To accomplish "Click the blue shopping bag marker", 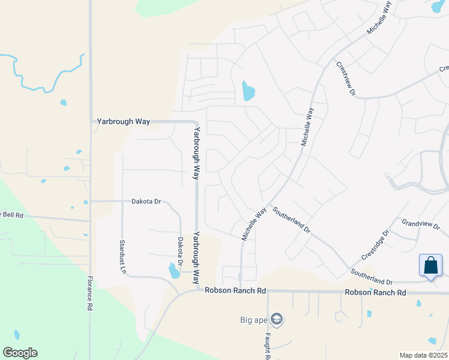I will [430, 265].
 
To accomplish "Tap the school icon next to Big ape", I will [277, 319].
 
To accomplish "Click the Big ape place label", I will [253, 319].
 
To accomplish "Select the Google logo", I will [20, 352].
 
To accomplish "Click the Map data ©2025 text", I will [423, 355].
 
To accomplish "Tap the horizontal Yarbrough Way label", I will [123, 121].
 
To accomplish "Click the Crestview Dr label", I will [346, 79].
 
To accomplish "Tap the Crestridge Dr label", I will [376, 245].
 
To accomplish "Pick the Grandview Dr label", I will [421, 224].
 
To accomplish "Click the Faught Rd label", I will [268, 346].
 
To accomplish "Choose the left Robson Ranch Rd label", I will [235, 290].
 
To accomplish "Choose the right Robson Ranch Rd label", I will [375, 292].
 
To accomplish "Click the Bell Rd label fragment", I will [11, 214].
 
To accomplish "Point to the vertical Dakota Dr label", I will [180, 251].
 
